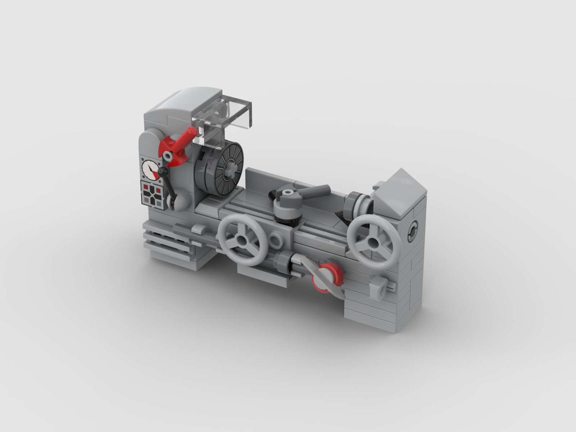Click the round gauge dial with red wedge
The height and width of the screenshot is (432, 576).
tap(150, 169)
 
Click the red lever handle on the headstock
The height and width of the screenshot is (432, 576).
tap(185, 139)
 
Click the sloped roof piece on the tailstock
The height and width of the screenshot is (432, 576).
tap(397, 190)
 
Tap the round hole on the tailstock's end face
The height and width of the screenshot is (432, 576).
tap(412, 232)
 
